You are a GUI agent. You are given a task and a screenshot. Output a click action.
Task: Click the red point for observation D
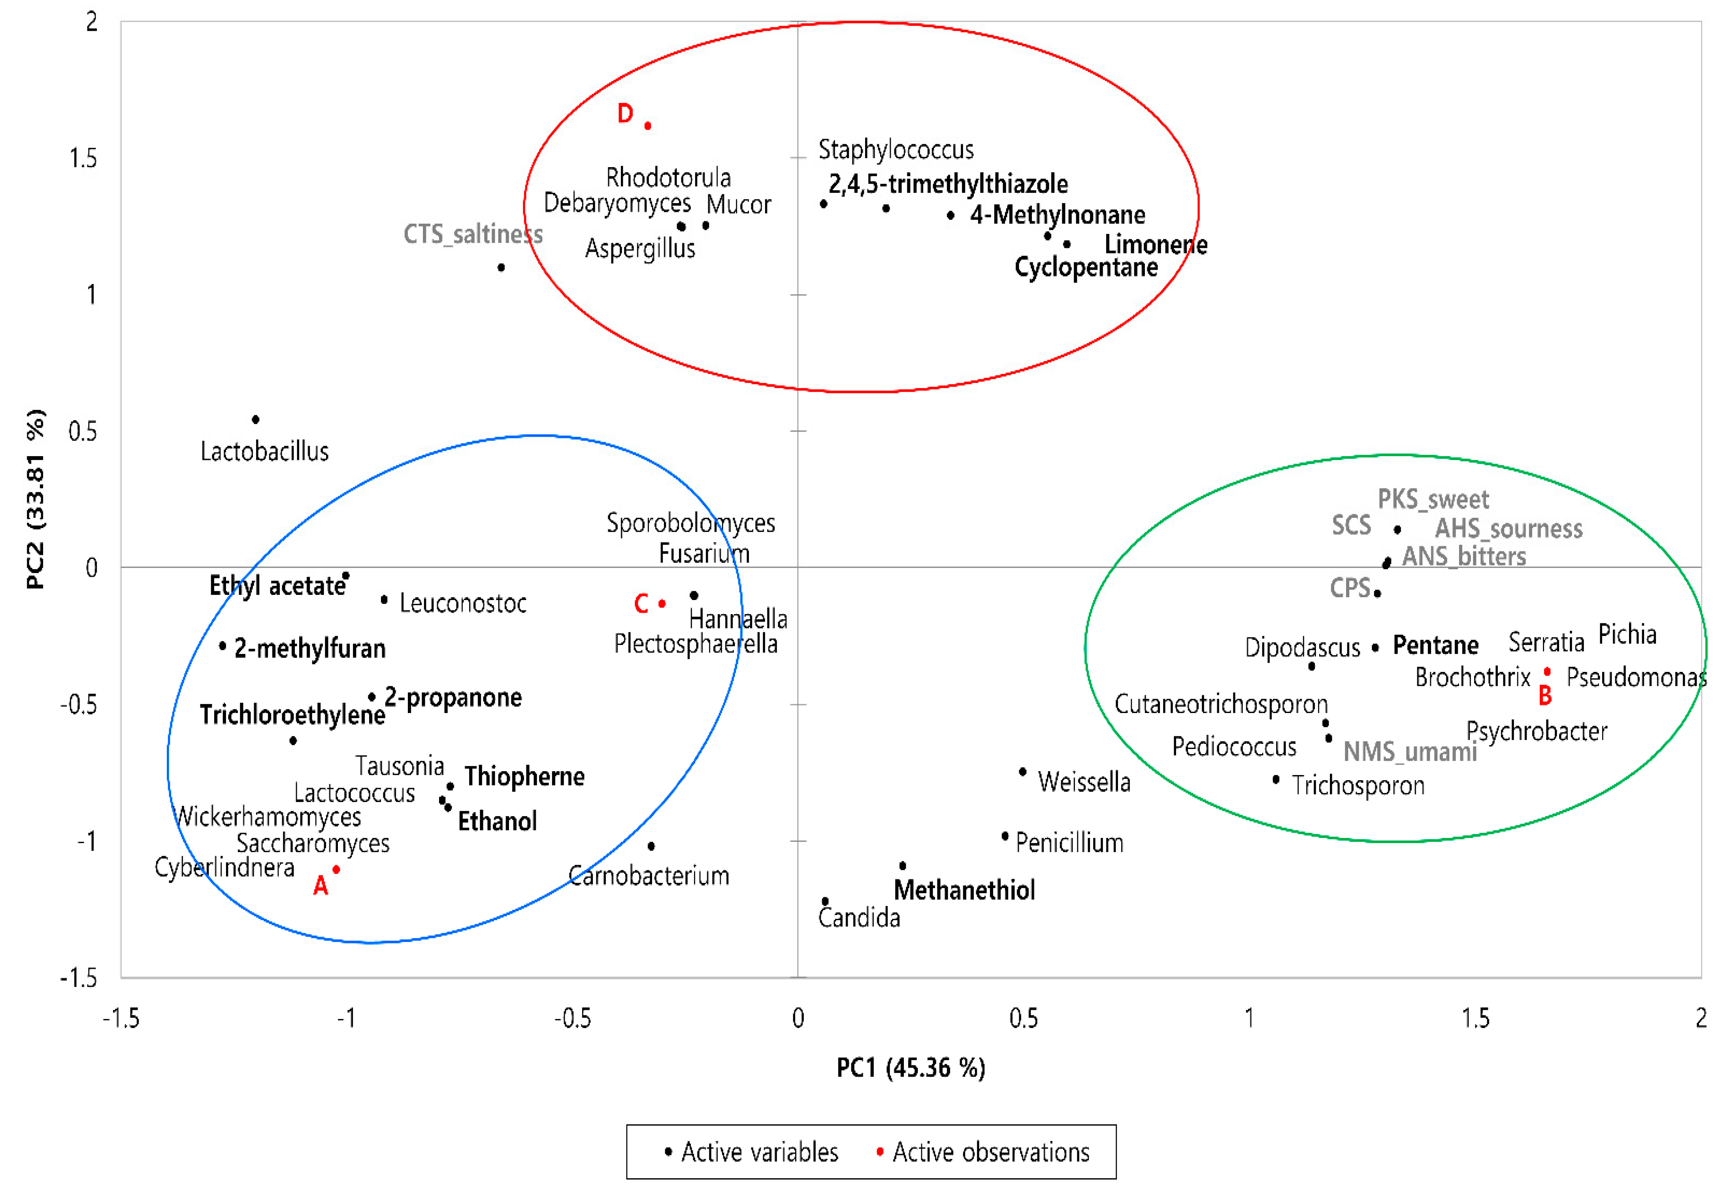coord(647,125)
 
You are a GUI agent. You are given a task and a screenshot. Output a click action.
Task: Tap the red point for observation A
coord(336,869)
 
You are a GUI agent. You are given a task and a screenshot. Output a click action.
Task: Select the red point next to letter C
coord(662,604)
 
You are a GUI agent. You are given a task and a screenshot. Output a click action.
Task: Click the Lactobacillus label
coord(264,451)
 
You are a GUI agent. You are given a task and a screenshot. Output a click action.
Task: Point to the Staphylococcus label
coord(896,149)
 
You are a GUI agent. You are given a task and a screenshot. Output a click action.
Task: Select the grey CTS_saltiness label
coord(473,234)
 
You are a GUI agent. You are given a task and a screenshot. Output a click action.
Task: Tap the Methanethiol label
coord(964,890)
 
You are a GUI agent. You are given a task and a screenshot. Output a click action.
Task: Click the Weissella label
coord(1084,782)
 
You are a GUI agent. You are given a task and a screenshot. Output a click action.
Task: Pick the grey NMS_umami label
coord(1410,751)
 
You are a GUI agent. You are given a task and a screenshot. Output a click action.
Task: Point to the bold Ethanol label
coord(498,821)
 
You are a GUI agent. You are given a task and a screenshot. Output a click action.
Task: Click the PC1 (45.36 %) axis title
coord(911,1068)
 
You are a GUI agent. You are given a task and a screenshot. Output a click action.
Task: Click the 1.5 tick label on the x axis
coord(1475,1019)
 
